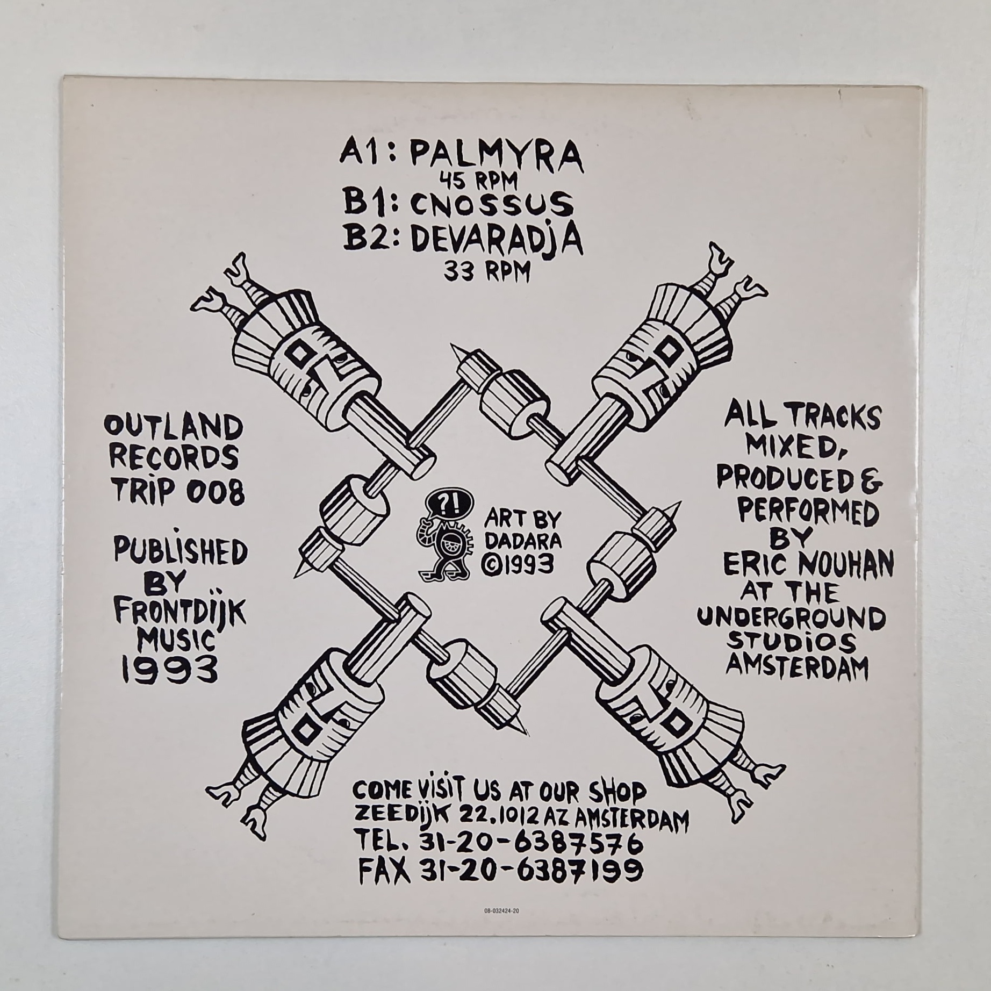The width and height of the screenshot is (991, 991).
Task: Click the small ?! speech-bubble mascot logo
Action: [x=444, y=537]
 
